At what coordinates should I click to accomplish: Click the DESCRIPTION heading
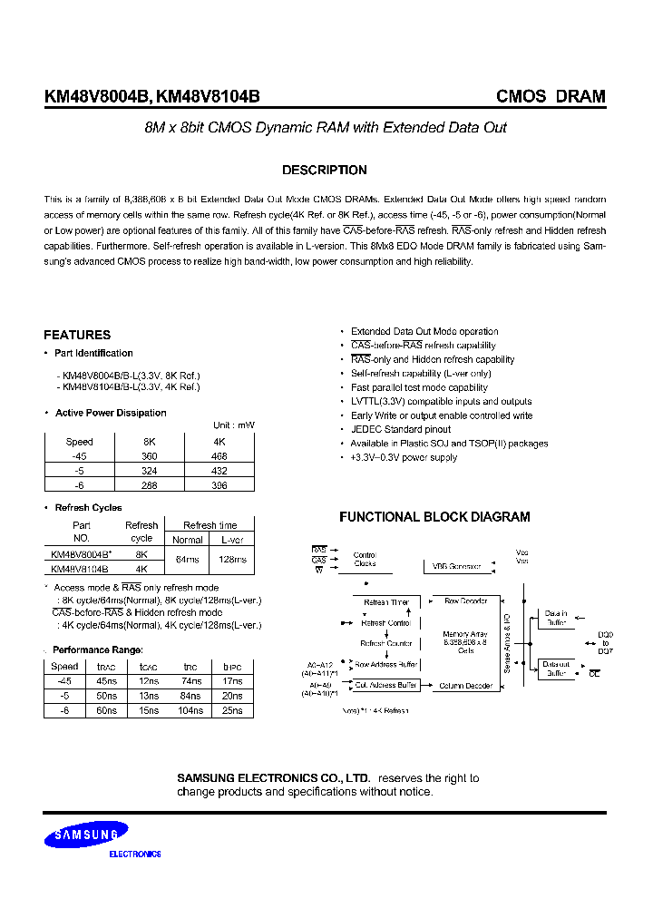coord(325,171)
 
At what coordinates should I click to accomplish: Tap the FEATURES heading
coord(77,335)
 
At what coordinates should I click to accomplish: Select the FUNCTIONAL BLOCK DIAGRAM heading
coord(434,517)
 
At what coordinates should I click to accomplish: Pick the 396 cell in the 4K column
coord(219,485)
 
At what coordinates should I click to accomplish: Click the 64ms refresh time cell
coord(188,560)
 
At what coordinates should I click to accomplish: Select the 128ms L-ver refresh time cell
coord(232,560)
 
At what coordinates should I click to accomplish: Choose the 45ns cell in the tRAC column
coord(106,681)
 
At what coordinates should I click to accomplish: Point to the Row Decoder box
coord(466,601)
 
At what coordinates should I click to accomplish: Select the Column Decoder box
coord(466,686)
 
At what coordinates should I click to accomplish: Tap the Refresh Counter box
coord(387,643)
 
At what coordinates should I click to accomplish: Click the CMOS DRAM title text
coord(551,96)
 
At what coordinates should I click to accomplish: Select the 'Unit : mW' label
coord(234,425)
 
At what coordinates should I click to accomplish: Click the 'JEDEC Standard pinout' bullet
coord(400,430)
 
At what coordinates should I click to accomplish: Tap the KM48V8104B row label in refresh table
coord(80,569)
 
